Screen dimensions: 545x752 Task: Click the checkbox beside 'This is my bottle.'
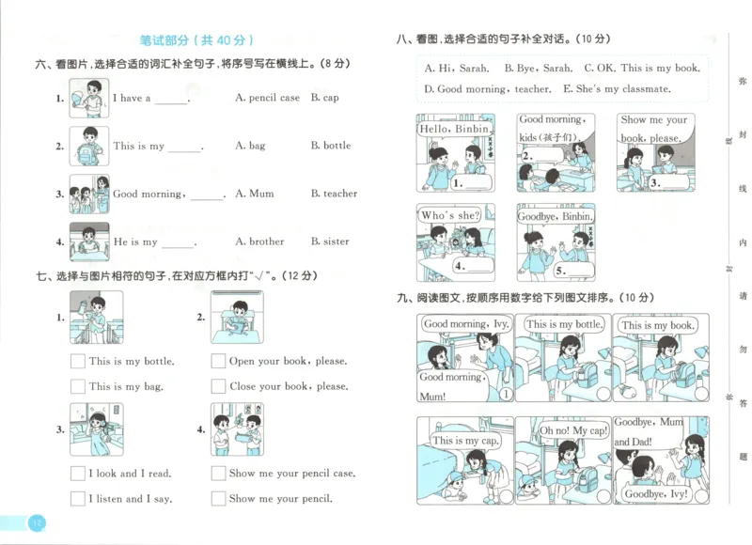pyautogui.click(x=78, y=361)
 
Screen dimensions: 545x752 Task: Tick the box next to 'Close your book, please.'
pyautogui.click(x=218, y=386)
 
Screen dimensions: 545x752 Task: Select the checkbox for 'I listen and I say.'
pyautogui.click(x=78, y=499)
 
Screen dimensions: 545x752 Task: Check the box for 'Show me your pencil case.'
pyautogui.click(x=218, y=474)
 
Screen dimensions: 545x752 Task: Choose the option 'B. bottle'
pyautogui.click(x=330, y=146)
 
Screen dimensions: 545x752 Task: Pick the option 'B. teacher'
pyautogui.click(x=334, y=194)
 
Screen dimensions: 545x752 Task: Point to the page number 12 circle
pyautogui.click(x=36, y=523)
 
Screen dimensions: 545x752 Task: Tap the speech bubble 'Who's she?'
pyautogui.click(x=449, y=216)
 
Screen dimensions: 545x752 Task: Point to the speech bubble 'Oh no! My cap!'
pyautogui.click(x=561, y=431)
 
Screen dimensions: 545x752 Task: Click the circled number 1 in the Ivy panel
pyautogui.click(x=505, y=395)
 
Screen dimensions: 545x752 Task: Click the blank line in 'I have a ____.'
pyautogui.click(x=171, y=101)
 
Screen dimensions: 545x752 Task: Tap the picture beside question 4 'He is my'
pyautogui.click(x=89, y=241)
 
